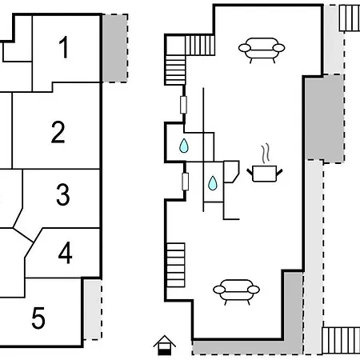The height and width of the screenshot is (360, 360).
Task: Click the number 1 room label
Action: tap(64, 47)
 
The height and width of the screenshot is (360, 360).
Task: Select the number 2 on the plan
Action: tap(58, 132)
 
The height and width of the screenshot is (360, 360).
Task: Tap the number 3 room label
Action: tap(63, 194)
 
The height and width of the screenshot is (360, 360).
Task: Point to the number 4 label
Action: tap(65, 253)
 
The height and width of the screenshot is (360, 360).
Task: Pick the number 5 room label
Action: tap(38, 318)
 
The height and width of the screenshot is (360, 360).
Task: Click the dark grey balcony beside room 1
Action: tap(115, 48)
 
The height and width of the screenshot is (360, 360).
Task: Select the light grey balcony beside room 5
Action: tap(93, 310)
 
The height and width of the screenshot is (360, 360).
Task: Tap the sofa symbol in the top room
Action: tap(262, 50)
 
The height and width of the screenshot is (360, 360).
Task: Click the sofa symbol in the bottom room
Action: tap(236, 292)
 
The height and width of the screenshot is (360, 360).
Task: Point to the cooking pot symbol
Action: tap(264, 174)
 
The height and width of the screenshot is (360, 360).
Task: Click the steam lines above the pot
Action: tap(266, 154)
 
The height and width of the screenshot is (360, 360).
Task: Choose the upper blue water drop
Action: tap(184, 146)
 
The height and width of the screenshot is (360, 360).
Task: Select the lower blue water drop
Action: tap(213, 183)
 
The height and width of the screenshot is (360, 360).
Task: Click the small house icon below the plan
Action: tap(165, 346)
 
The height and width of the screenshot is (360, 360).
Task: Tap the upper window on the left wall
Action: tap(183, 105)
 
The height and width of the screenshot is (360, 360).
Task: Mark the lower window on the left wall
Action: tap(185, 182)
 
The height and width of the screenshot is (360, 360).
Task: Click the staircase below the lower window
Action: tap(176, 265)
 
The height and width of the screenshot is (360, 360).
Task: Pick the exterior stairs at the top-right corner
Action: tap(350, 18)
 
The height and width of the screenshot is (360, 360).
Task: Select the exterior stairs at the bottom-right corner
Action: tap(341, 341)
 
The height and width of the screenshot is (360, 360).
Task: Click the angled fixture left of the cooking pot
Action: tap(231, 172)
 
